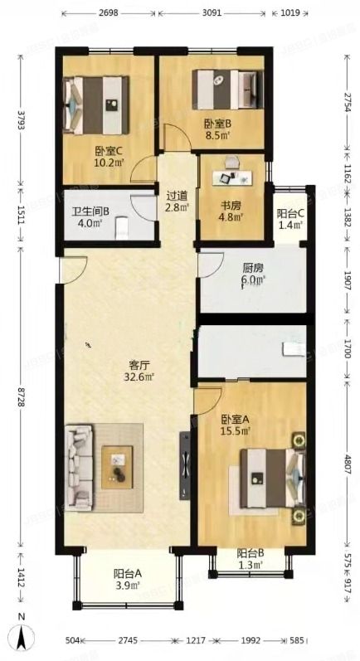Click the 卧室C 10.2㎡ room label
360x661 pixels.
[109, 156]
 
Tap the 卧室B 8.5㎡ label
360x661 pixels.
[217, 129]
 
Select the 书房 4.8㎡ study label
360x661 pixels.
[230, 212]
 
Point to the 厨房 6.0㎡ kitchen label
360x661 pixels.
[253, 275]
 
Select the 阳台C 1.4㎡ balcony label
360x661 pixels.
[290, 219]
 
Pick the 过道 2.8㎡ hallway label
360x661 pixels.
[177, 202]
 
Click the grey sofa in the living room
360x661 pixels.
[81, 464]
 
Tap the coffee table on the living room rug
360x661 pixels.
[118, 466]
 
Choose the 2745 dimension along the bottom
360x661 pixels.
[126, 641]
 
